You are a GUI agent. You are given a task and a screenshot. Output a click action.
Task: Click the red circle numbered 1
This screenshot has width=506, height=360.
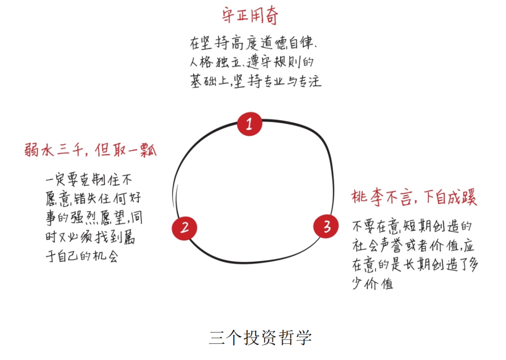pos(249,124)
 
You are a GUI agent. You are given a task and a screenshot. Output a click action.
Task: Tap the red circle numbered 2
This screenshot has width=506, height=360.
pos(184,228)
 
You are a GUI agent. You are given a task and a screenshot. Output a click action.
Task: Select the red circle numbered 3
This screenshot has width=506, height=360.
pos(326,226)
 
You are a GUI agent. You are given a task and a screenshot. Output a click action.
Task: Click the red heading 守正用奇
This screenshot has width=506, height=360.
pos(250,15)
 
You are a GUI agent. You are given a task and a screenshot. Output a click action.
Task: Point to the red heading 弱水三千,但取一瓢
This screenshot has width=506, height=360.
pos(91,150)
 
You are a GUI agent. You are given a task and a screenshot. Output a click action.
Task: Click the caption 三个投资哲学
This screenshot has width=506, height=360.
pos(260,338)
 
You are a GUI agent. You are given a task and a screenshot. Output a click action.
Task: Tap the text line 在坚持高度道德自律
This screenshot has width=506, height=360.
pos(253,43)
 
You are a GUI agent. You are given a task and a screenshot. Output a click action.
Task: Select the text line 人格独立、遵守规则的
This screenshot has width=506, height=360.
pos(252,62)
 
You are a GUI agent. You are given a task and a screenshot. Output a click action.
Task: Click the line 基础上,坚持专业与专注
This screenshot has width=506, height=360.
pos(256,81)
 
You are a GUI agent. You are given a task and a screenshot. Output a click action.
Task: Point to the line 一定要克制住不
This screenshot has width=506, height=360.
pos(89,179)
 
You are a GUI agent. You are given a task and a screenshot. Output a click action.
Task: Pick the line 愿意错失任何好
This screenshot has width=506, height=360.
pos(93,198)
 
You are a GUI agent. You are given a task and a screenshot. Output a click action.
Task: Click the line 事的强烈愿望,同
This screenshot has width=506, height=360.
pos(94,218)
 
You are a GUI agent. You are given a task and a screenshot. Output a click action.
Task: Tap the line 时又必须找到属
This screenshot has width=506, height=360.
pos(90,237)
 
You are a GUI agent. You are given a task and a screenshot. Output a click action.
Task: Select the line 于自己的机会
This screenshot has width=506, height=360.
pos(82,256)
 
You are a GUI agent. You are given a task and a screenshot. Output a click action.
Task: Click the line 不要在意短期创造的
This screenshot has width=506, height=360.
pos(412,226)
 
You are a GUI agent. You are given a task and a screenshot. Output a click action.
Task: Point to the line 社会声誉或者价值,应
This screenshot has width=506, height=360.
pos(413,246)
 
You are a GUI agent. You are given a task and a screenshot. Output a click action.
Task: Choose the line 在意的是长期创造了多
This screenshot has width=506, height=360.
pos(415,264)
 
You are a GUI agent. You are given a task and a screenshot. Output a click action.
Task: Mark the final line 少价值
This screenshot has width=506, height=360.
pos(373,284)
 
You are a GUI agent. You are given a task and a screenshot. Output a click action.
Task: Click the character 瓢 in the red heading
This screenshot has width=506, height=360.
pos(149,150)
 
